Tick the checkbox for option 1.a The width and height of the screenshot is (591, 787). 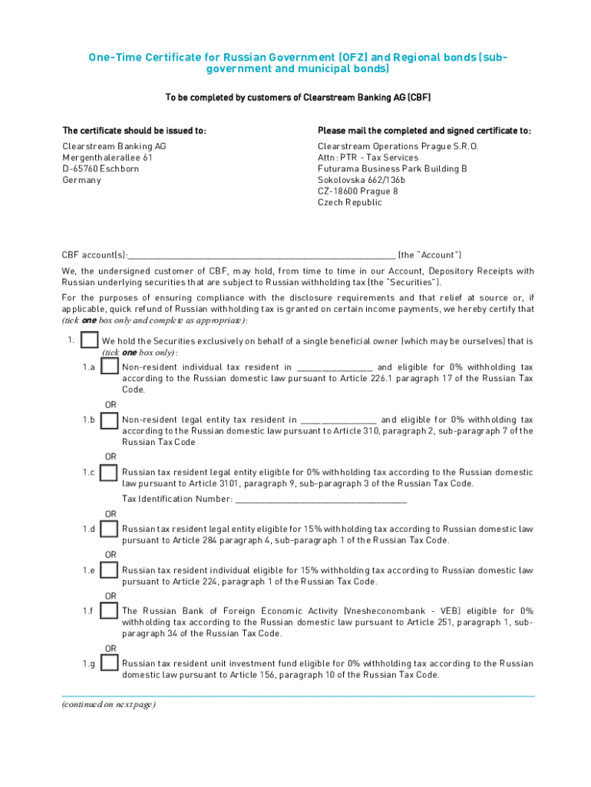pos(110,368)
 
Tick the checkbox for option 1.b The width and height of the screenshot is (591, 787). pos(110,420)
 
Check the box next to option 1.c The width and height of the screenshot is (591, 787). pos(110,473)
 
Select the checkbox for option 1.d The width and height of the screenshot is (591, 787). pos(110,530)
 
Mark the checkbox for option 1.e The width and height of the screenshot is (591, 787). pos(110,570)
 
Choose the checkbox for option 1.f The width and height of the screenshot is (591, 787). pos(110,612)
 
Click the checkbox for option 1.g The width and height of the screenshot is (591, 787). pos(110,663)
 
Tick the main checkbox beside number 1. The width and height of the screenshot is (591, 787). pos(89,340)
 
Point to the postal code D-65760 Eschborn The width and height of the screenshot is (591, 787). pos(101,168)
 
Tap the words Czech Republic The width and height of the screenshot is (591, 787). pos(349,203)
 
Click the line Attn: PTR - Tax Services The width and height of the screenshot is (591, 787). pos(368,157)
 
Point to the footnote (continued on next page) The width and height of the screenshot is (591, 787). pos(109,705)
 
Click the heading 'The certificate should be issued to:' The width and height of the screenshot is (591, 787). pos(134,131)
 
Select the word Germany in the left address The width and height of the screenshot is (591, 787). pos(81,180)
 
